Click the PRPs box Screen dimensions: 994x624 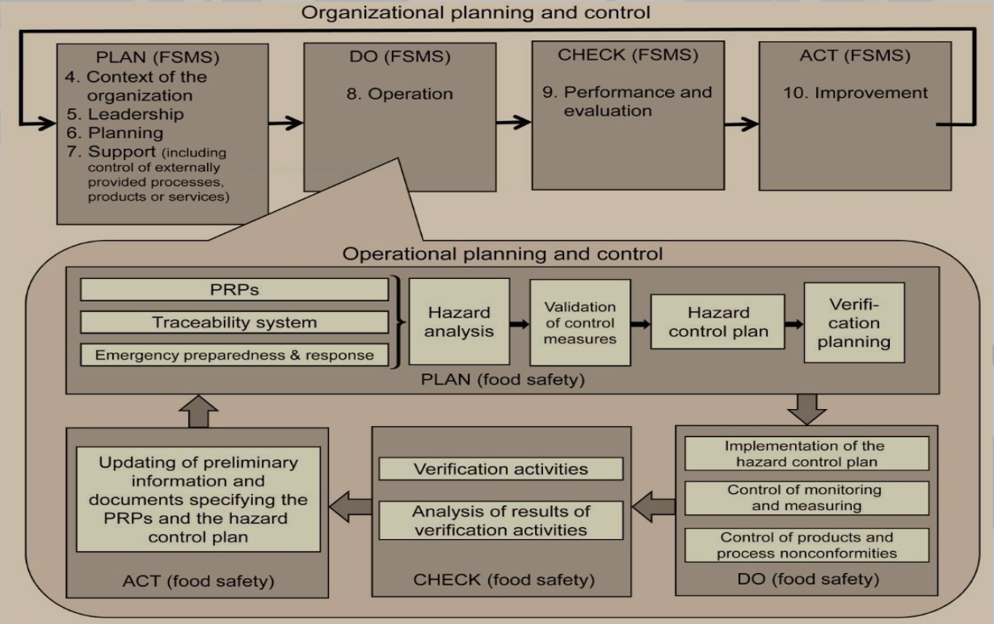pos(234,289)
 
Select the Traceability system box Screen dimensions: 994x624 pos(234,323)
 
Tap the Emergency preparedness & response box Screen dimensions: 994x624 pos(234,355)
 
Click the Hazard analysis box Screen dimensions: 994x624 pos(459,322)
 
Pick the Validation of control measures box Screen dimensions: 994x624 pos(580,323)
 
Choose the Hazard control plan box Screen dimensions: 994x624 pos(718,322)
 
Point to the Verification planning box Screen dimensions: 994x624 pos(854,323)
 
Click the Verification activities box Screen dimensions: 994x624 pos(501,469)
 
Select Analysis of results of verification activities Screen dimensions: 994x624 pos(501,521)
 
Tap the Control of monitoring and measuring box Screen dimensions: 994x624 pos(807,498)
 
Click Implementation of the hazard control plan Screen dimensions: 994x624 pos(807,453)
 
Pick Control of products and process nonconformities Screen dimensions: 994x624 pos(807,545)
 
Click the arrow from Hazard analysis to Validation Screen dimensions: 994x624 pos(520,324)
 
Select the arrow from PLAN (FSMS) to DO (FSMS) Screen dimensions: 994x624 pos(286,123)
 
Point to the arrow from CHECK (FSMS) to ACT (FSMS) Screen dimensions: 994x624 pos(742,124)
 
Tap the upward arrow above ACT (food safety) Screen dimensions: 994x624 pos(198,411)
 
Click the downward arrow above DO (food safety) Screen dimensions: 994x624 pos(807,410)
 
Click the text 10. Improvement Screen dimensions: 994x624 pos(855,93)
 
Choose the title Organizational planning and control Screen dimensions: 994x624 pos(476,12)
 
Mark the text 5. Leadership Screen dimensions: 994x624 pos(125,114)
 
